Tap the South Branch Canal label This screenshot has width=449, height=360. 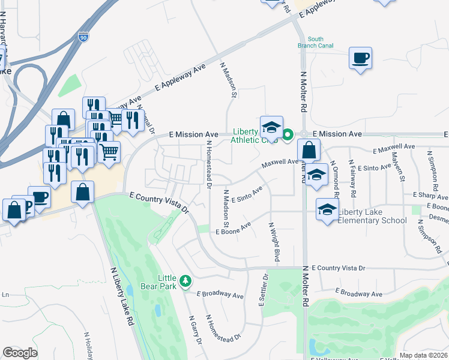(311, 43)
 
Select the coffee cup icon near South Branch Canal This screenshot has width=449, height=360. (360, 58)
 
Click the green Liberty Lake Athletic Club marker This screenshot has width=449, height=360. (288, 134)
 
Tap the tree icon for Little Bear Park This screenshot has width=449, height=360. (185, 280)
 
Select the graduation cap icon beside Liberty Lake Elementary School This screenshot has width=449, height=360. (327, 209)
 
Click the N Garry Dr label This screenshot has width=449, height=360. (196, 330)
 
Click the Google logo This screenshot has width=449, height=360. (20, 353)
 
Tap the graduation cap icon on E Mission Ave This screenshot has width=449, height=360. (271, 127)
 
